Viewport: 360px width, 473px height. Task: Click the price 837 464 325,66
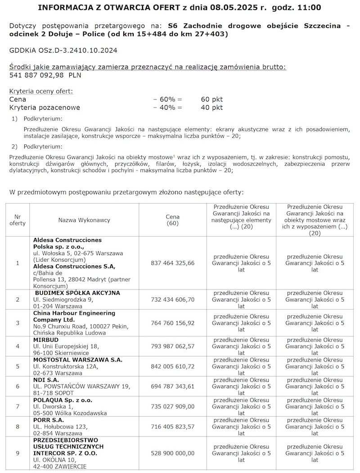[173, 263]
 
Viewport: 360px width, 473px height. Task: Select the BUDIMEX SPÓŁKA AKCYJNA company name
[77, 293]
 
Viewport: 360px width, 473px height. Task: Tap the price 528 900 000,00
[173, 454]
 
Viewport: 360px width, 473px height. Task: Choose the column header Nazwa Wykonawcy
[84, 220]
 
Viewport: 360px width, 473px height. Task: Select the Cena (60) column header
[173, 220]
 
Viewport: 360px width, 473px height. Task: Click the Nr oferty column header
[18, 220]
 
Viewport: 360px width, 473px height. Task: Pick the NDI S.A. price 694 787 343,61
[173, 386]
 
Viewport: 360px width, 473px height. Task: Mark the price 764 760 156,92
[173, 323]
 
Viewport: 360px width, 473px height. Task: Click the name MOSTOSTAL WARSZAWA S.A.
[78, 360]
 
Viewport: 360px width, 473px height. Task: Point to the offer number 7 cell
[18, 406]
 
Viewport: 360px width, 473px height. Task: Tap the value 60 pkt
[211, 99]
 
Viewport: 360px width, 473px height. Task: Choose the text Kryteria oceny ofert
[40, 91]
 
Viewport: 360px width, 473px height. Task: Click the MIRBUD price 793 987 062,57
[173, 346]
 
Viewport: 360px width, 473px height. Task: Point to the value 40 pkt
[211, 107]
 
